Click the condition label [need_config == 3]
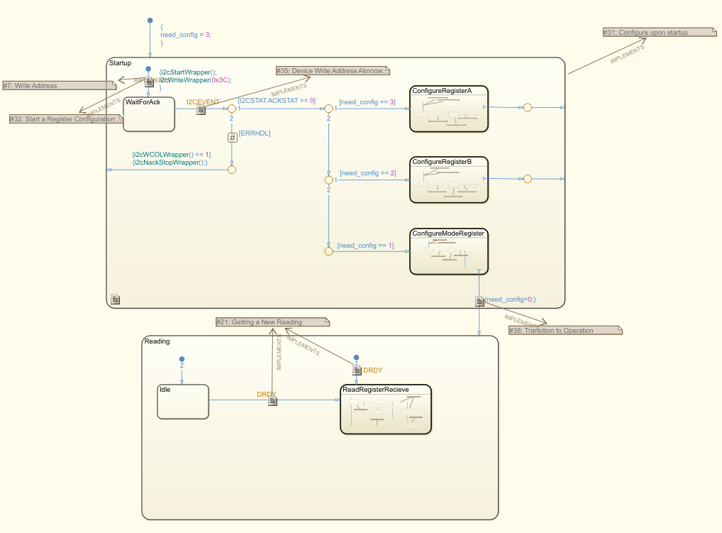pyautogui.click(x=367, y=102)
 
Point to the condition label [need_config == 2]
pyautogui.click(x=367, y=173)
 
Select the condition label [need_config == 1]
pyautogui.click(x=365, y=246)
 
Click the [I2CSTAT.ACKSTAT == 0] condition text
pyautogui.click(x=277, y=101)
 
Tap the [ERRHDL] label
pyautogui.click(x=255, y=133)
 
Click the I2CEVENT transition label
pyautogui.click(x=203, y=102)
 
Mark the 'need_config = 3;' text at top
pyautogui.click(x=186, y=35)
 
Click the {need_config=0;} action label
pyautogui.click(x=510, y=300)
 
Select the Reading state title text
pyautogui.click(x=157, y=341)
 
